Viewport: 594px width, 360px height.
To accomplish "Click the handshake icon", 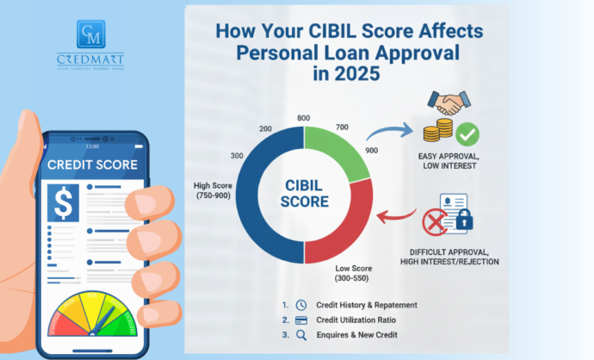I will [x=446, y=104].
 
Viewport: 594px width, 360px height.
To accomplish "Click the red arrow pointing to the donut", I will [x=393, y=214].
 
